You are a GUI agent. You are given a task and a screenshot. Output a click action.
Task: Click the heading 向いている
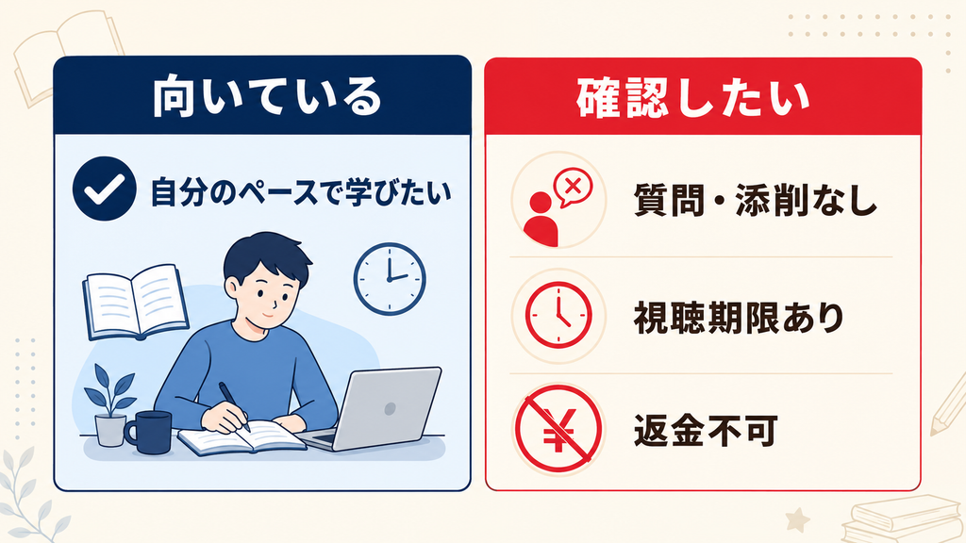(x=267, y=97)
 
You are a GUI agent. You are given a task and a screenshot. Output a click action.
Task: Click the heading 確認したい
(x=693, y=98)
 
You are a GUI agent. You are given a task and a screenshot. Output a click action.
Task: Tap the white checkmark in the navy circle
(x=105, y=189)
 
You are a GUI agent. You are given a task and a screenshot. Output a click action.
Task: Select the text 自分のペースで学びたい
(x=301, y=192)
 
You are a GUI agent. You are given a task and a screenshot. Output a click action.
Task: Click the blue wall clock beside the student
(x=390, y=279)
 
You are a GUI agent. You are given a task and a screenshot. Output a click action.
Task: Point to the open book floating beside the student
(x=136, y=302)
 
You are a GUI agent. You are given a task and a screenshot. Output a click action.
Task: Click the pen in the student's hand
(x=234, y=406)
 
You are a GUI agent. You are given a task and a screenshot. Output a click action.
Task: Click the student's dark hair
(x=266, y=257)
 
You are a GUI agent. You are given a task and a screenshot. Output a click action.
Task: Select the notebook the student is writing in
(x=242, y=437)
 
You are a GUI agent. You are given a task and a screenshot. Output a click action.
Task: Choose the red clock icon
(x=558, y=315)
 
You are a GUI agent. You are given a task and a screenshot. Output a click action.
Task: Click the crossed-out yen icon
(x=558, y=428)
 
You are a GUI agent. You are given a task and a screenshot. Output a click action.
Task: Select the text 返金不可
(x=706, y=430)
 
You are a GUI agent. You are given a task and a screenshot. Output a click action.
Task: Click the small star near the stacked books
(x=798, y=520)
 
